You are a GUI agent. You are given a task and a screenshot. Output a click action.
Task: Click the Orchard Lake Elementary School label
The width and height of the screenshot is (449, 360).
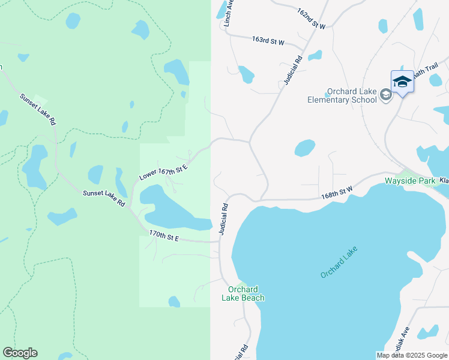point(342,95)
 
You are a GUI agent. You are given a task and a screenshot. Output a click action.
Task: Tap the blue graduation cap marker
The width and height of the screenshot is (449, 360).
point(402,82)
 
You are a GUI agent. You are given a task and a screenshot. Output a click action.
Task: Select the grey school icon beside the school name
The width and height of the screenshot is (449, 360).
point(386,95)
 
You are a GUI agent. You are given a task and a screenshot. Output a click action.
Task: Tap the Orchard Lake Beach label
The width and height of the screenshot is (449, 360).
point(243,293)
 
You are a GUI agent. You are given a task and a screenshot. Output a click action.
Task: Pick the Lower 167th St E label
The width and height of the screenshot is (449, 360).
point(163,171)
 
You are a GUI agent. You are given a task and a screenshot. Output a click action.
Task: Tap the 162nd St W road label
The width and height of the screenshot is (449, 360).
point(311,19)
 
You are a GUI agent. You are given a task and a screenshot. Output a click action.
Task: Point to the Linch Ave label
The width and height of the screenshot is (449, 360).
point(228,13)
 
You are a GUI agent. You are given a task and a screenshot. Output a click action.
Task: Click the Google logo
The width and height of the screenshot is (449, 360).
point(20,353)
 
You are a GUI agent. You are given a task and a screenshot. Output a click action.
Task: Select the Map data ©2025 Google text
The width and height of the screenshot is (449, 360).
point(412,355)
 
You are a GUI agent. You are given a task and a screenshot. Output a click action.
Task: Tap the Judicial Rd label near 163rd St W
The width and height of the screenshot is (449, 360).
point(292,70)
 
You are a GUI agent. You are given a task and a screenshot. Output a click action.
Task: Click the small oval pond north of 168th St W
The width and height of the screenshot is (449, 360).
point(305,148)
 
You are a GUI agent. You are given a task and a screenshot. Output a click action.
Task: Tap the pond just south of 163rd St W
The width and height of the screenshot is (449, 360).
point(246,74)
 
